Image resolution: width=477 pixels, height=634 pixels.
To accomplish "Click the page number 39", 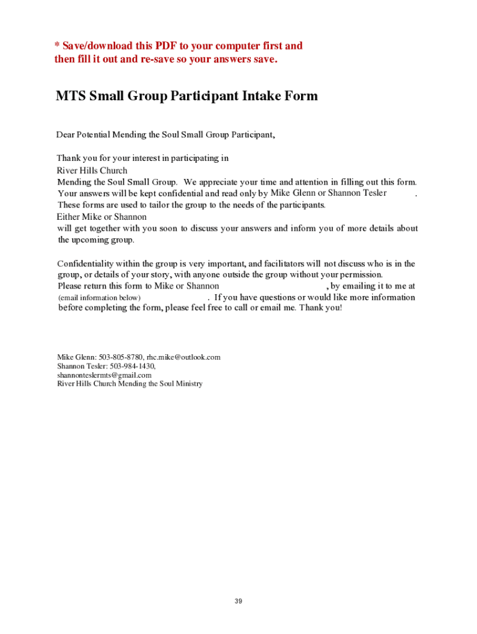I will pos(238,601).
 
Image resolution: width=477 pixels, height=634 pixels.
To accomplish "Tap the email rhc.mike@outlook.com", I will pos(183,357).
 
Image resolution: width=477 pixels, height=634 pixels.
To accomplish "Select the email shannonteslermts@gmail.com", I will pos(104,375).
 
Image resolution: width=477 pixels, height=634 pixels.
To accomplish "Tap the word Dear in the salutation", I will pos(66,134).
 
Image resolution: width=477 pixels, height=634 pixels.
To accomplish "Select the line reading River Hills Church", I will pos(92,170).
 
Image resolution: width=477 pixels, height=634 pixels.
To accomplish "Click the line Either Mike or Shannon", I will pos(102,217).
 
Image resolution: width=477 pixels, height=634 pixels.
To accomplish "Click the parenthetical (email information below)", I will pos(99,298).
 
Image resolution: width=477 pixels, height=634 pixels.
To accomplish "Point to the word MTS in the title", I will pos(71,97).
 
